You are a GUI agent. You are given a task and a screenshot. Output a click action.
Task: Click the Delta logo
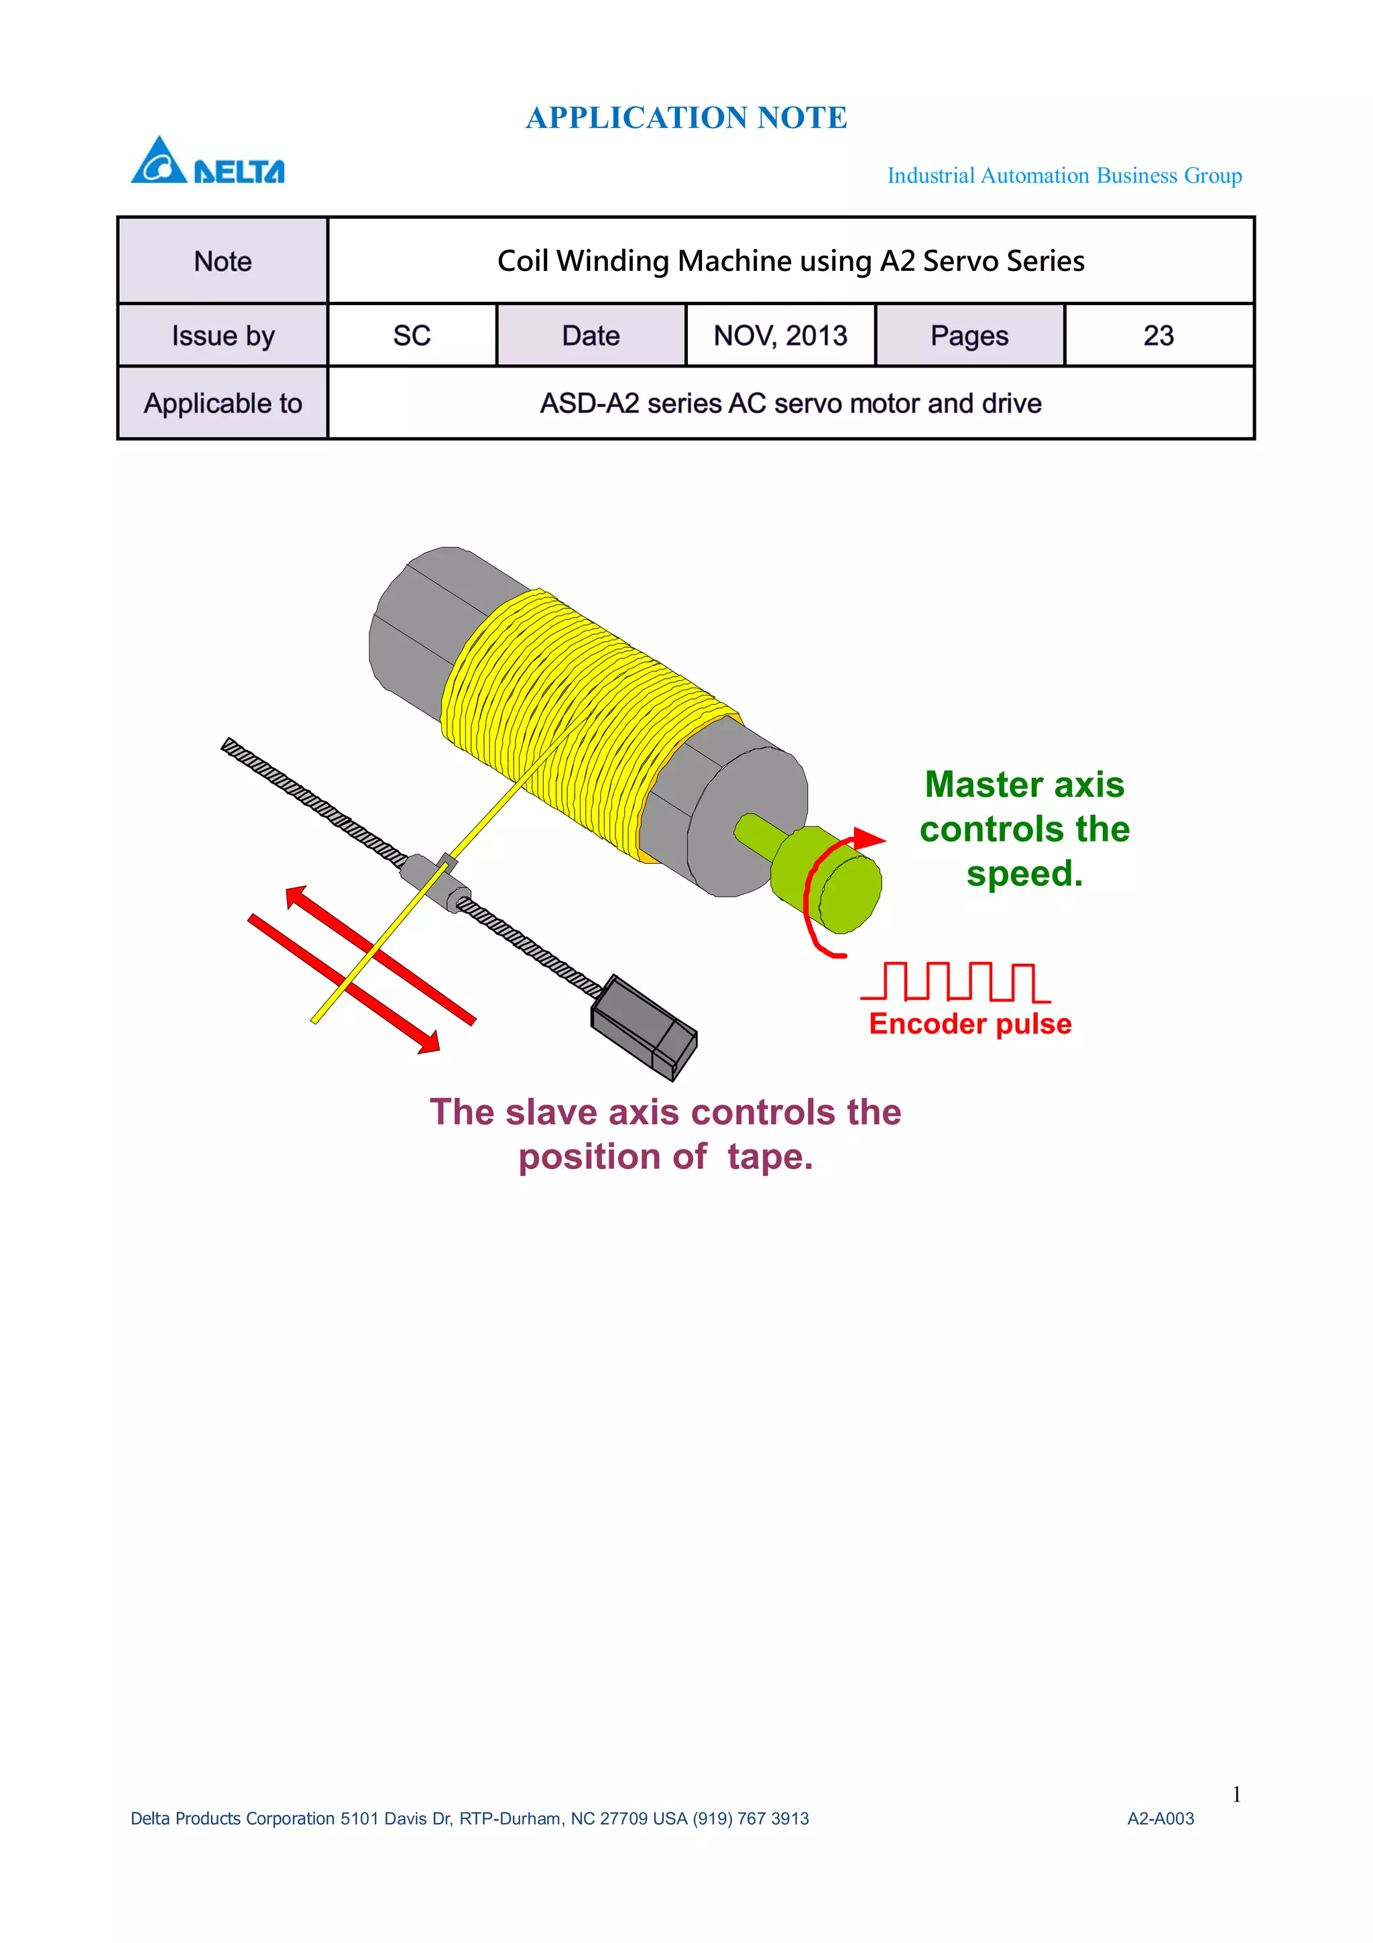[207, 161]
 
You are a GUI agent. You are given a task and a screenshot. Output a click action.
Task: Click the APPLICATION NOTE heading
[686, 117]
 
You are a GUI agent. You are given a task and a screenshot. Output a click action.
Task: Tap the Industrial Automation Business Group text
[1064, 175]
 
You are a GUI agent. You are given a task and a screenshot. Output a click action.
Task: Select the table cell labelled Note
[223, 262]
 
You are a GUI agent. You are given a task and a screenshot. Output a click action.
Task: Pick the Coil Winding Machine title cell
[790, 261]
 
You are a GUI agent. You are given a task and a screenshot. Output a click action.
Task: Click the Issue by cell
[223, 336]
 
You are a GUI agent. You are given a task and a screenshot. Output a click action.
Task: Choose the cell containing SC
[412, 336]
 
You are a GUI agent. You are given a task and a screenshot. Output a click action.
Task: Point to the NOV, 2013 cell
[780, 336]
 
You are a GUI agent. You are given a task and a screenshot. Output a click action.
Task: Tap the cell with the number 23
[1158, 336]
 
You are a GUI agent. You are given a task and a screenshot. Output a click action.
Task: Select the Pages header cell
[969, 336]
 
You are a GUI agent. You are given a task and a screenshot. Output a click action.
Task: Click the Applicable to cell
[223, 404]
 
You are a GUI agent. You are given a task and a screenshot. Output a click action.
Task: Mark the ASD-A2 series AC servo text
[790, 404]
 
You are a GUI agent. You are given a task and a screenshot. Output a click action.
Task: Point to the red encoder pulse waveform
[956, 982]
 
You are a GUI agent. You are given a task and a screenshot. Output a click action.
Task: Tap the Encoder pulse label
[970, 1024]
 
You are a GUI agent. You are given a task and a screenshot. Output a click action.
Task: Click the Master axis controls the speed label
[1024, 830]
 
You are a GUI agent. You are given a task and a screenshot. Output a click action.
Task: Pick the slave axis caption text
[666, 1134]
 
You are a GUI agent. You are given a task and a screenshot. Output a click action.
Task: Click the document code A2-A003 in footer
[1160, 1819]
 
